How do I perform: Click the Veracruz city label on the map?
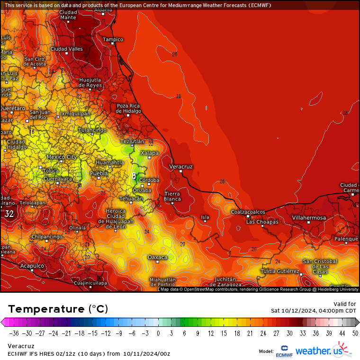click(181, 167)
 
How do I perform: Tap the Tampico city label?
click(113, 39)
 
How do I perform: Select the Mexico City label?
click(62, 157)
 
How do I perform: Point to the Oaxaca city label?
click(157, 257)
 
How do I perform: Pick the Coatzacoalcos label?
click(248, 212)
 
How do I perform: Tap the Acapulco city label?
click(32, 266)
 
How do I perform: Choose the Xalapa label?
click(149, 153)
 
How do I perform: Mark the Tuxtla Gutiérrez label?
click(280, 271)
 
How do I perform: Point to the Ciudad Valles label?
click(66, 49)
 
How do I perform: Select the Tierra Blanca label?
click(172, 197)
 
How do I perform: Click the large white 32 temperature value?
click(9, 214)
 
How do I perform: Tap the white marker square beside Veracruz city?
click(180, 171)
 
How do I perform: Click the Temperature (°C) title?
click(58, 309)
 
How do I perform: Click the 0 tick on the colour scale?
click(158, 333)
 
